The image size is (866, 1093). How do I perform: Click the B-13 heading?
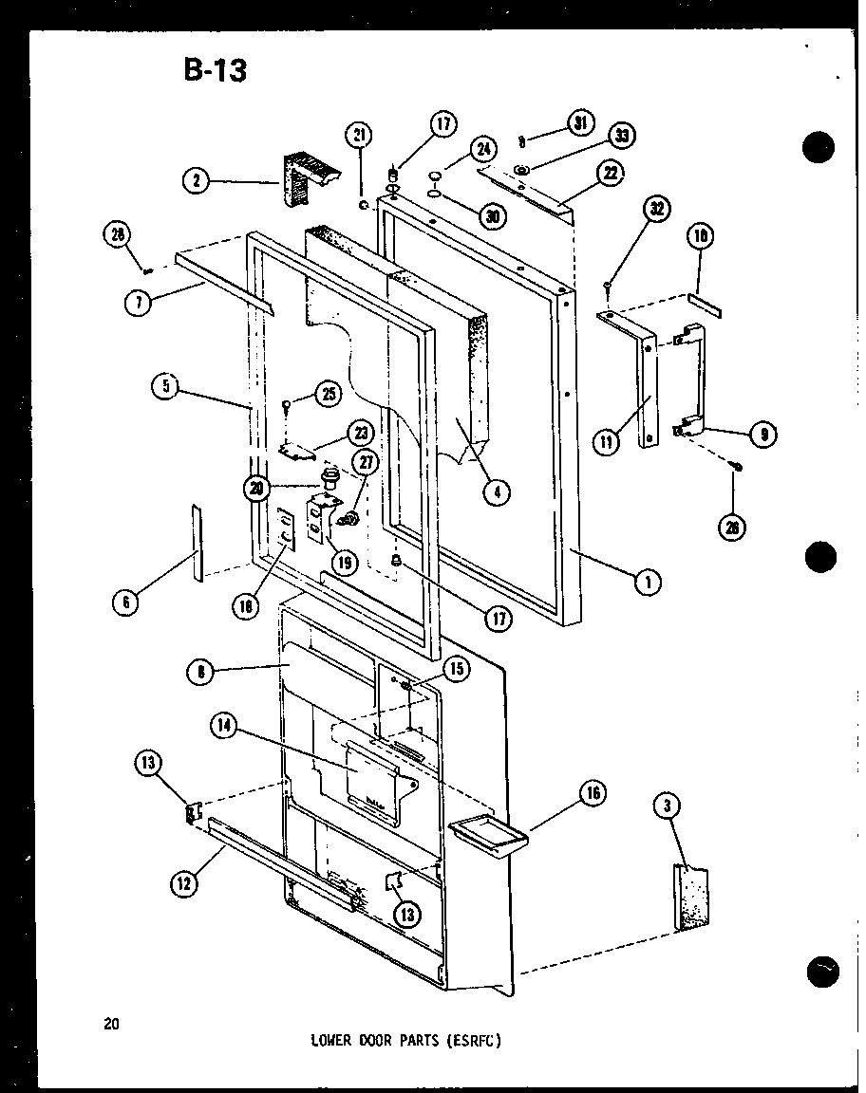coord(214,69)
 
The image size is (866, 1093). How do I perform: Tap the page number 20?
coord(113,1023)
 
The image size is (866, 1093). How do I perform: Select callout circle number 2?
coord(197,181)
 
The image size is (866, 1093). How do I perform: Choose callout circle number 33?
coord(621,136)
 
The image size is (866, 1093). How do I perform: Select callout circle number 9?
coord(762,435)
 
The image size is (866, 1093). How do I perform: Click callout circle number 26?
coord(732,528)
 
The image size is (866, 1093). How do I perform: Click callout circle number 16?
coord(593,793)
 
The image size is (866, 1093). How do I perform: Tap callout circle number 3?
coord(668,806)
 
